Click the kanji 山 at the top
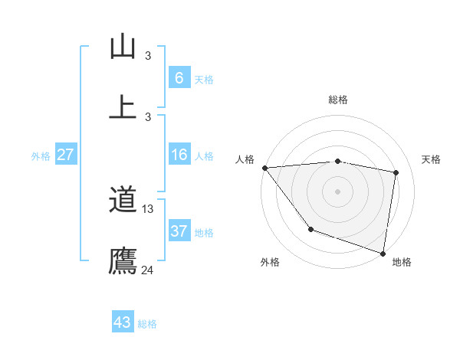(123, 47)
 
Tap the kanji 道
(123, 201)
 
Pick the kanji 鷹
(123, 261)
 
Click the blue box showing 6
(179, 78)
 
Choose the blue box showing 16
(179, 155)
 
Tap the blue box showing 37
(179, 231)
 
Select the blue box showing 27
(65, 155)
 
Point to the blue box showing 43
(123, 322)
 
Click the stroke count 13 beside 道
(148, 209)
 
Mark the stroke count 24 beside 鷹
(148, 270)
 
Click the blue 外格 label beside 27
(41, 155)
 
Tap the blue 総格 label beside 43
(147, 324)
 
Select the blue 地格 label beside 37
(204, 232)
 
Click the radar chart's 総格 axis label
(338, 100)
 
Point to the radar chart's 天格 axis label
(432, 159)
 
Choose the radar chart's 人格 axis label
(245, 159)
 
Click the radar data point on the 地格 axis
(383, 252)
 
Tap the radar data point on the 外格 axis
(310, 229)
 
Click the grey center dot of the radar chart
(338, 191)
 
